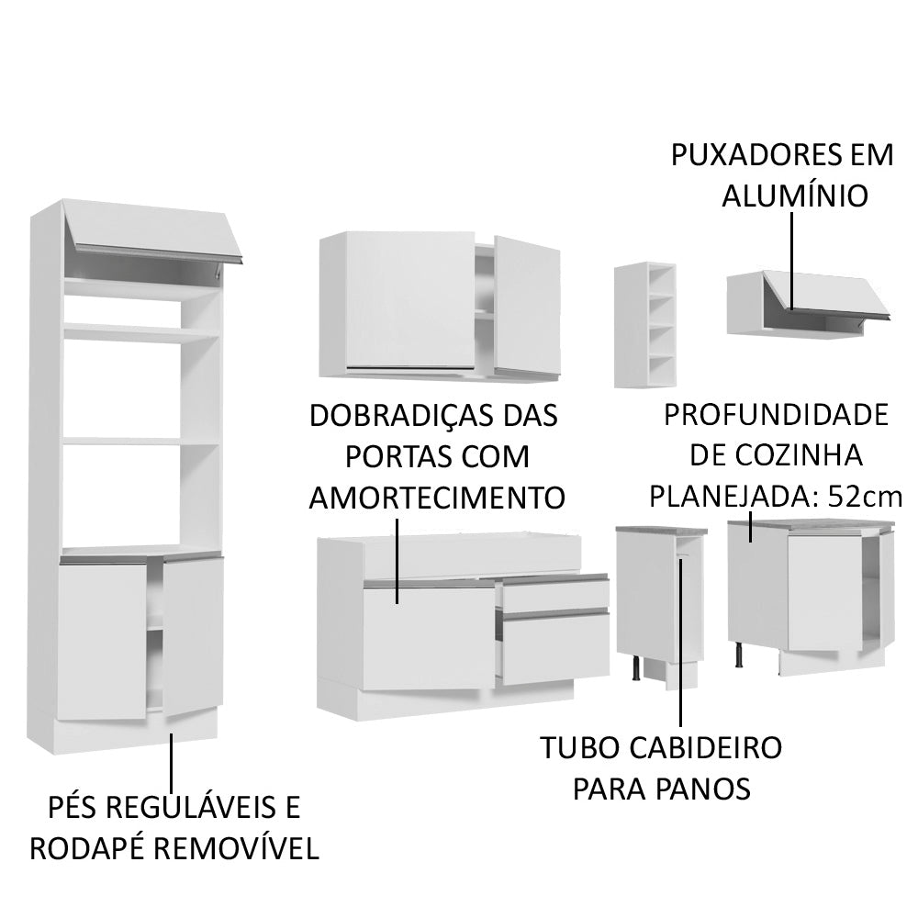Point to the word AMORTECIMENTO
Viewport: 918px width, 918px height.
pyautogui.click(x=436, y=498)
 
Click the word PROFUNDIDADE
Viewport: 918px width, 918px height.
pyautogui.click(x=777, y=415)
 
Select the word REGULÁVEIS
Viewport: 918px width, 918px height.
pyautogui.click(x=188, y=808)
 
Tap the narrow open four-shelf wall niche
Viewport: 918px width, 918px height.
pyautogui.click(x=645, y=324)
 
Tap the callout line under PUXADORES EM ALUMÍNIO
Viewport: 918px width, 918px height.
pyautogui.click(x=789, y=262)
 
